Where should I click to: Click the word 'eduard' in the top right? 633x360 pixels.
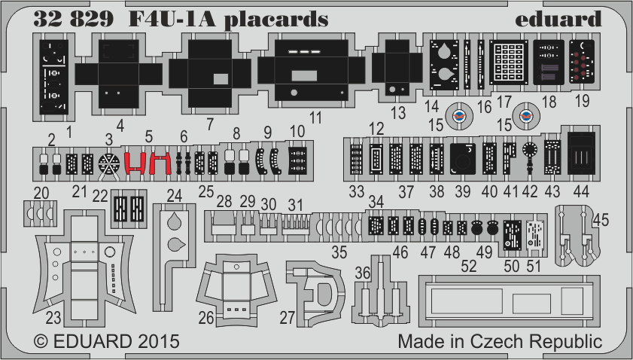click(559, 18)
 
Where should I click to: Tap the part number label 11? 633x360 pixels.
click(315, 117)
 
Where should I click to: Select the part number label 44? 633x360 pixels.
click(580, 192)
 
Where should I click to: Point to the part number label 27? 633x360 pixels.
click(287, 317)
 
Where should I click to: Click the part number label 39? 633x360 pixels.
click(462, 192)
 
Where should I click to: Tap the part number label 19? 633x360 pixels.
click(582, 102)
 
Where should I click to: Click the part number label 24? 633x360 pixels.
click(175, 195)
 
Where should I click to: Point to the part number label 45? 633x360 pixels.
click(601, 219)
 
